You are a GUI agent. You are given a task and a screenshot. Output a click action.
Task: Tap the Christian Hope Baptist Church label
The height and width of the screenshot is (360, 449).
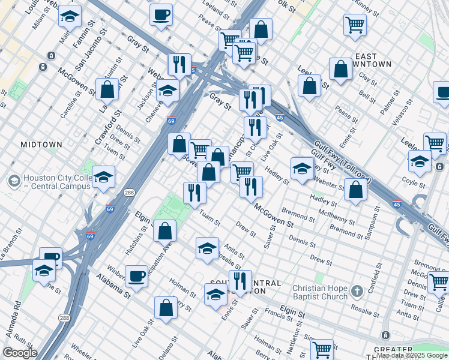click(320, 292)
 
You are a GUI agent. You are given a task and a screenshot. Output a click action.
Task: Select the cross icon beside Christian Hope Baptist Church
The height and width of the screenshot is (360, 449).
click(357, 291)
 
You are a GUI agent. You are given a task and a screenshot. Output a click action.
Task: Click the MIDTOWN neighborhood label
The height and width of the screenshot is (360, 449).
click(41, 145)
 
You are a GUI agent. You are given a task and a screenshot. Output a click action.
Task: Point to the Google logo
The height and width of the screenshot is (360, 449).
click(19, 353)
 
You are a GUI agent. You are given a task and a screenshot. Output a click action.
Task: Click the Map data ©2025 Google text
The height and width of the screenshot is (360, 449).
click(412, 355)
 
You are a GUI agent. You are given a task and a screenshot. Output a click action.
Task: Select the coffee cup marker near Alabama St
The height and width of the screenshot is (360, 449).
click(136, 276)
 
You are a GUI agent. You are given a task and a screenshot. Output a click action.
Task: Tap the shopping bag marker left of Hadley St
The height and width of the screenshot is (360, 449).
click(356, 190)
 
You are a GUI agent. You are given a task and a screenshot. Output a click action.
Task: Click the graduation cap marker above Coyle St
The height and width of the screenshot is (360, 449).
click(420, 160)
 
